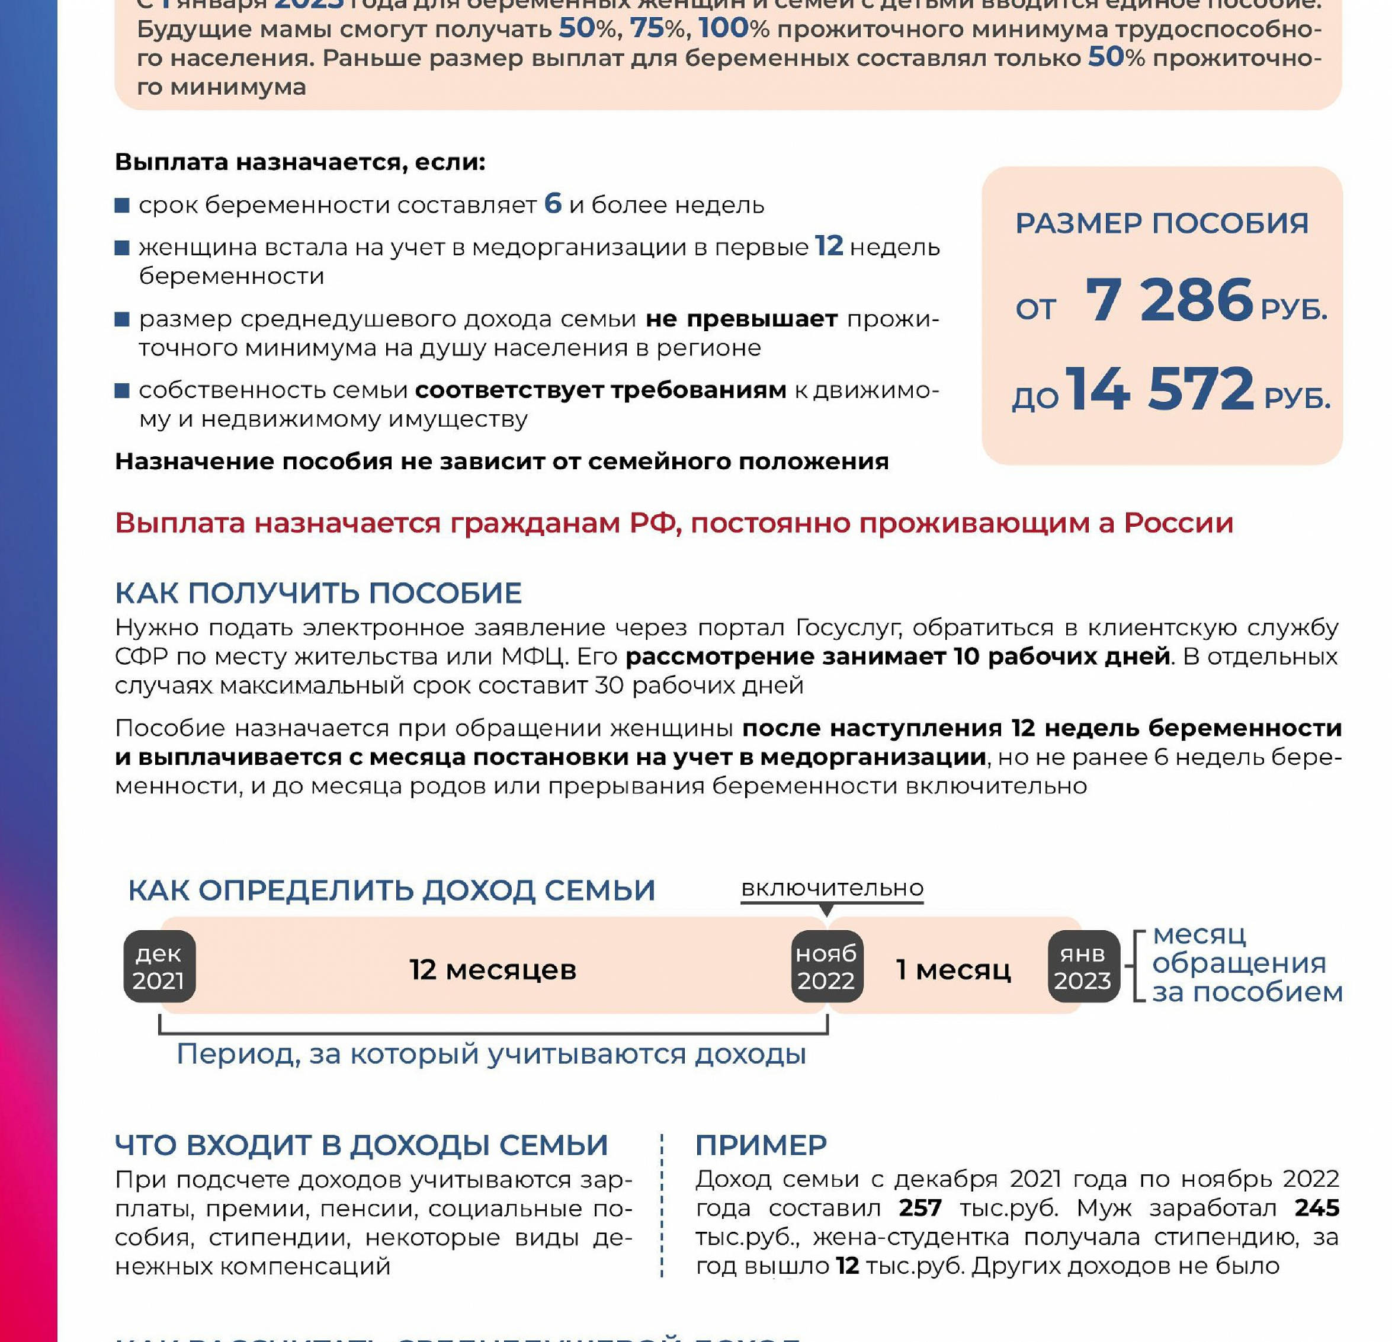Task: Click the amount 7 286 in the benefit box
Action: (1168, 300)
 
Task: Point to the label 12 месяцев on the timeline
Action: (493, 970)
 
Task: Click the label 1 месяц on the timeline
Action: (953, 970)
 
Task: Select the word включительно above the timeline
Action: (832, 888)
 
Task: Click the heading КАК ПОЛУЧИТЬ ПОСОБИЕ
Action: (318, 592)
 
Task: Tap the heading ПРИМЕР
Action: (761, 1145)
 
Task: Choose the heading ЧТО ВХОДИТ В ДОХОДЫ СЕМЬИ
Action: (361, 1145)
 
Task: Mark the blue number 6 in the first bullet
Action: (553, 204)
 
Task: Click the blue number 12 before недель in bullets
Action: (828, 246)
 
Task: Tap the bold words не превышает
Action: (742, 319)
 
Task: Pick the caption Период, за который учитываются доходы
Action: (492, 1054)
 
